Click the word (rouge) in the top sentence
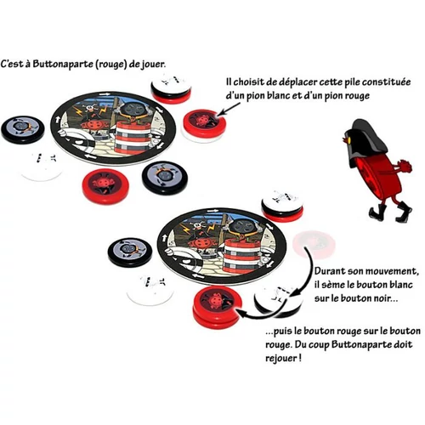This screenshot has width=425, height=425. (x=110, y=64)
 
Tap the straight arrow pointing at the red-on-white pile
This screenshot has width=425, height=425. (x=229, y=109)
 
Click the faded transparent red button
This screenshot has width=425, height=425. (x=314, y=244)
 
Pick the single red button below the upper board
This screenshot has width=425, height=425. (x=105, y=186)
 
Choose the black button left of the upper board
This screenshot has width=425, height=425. (x=23, y=129)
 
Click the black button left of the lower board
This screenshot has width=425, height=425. (x=130, y=252)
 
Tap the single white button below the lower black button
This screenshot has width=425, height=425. (x=150, y=290)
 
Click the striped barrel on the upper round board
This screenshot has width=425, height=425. (x=133, y=135)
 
